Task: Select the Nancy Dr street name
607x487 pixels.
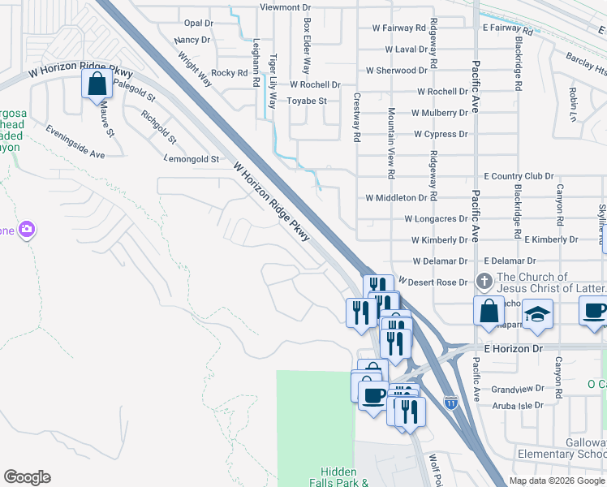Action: pyautogui.click(x=192, y=40)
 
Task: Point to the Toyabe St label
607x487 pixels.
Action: pyautogui.click(x=307, y=101)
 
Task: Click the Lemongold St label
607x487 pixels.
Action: pyautogui.click(x=192, y=159)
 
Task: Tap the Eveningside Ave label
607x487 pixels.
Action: pyautogui.click(x=75, y=142)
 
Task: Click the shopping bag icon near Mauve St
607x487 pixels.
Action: pyautogui.click(x=97, y=84)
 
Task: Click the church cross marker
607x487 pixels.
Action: pyautogui.click(x=484, y=282)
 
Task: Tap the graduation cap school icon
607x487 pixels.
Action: pyautogui.click(x=536, y=313)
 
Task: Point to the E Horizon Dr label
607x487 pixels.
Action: pyautogui.click(x=513, y=347)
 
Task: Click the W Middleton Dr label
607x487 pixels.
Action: pyautogui.click(x=396, y=197)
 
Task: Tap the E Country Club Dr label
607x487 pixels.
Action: pyautogui.click(x=519, y=176)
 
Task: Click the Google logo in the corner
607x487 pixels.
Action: pyautogui.click(x=27, y=477)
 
